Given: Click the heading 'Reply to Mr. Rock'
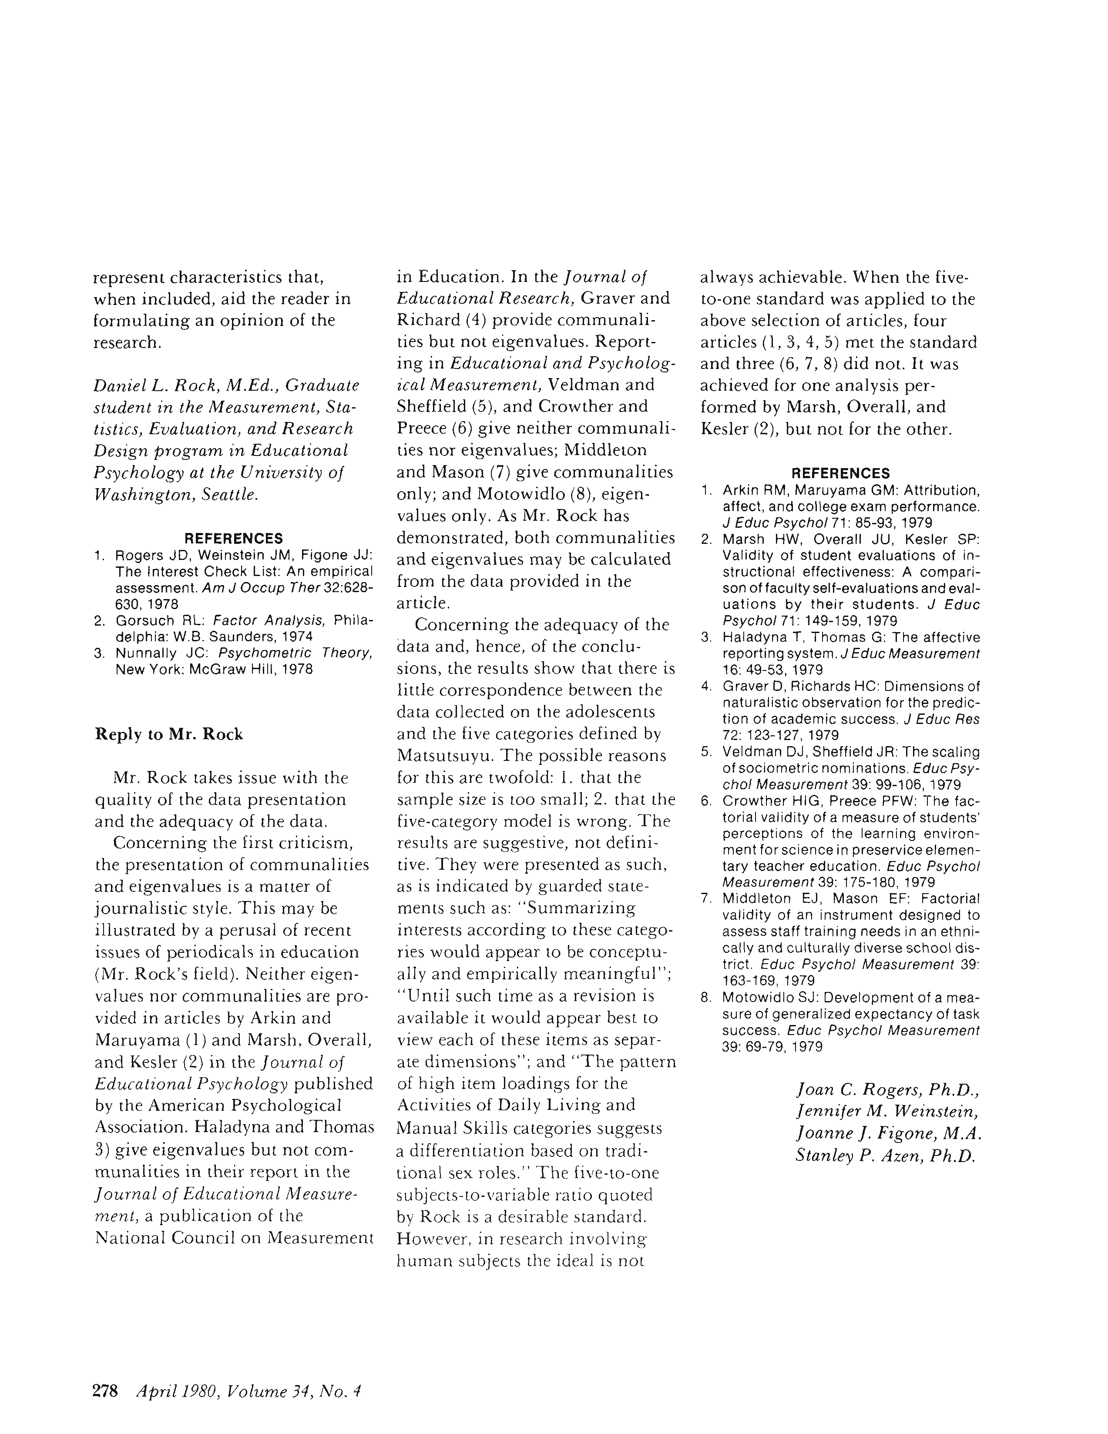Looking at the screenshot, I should pyautogui.click(x=169, y=734).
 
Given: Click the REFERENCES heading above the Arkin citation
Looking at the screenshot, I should pyautogui.click(x=841, y=473).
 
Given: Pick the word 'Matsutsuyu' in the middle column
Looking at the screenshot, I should pyautogui.click(x=446, y=755).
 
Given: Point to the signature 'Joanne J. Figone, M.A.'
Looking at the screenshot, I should pyautogui.click(x=887, y=1133).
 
